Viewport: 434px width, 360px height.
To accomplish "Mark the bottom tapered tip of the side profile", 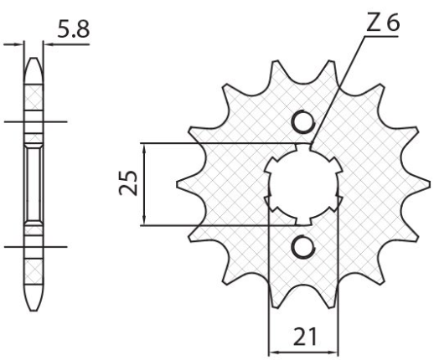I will pos(34,305).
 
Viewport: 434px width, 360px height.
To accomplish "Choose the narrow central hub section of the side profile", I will pos(34,184).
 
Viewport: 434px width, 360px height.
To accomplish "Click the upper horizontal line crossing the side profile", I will pos(34,123).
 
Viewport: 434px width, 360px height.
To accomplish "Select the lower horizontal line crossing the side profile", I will pos(34,246).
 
